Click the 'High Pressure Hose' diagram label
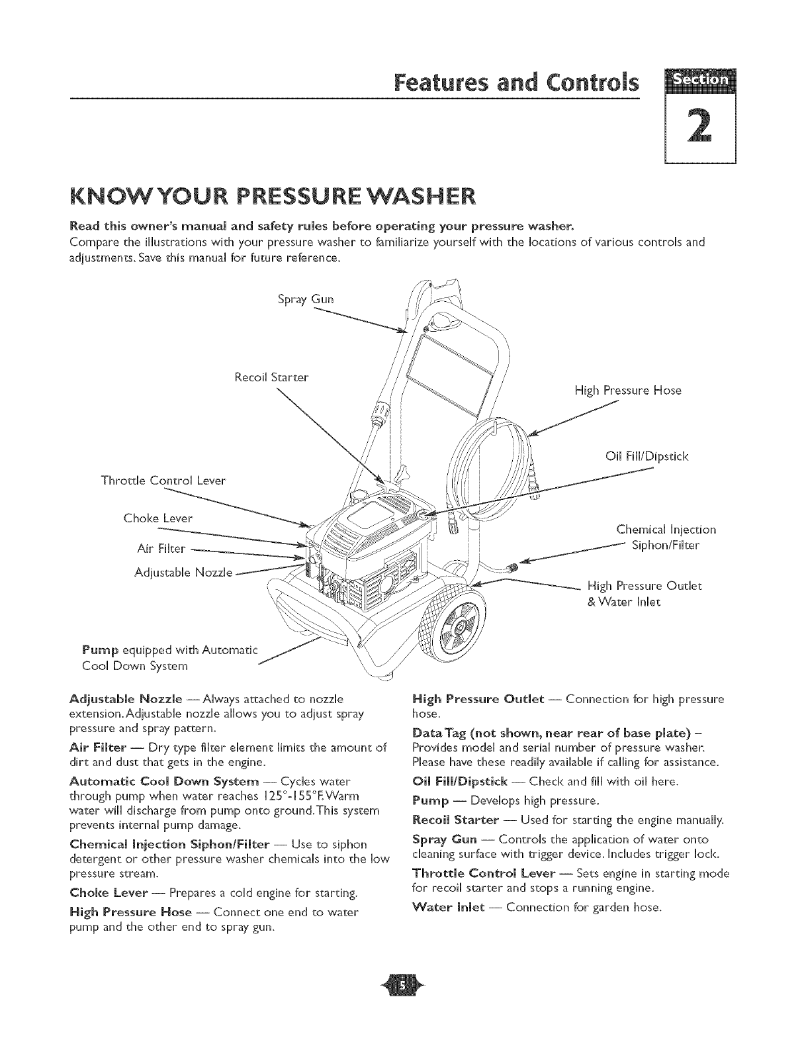click(627, 390)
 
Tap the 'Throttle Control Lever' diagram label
click(163, 480)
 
